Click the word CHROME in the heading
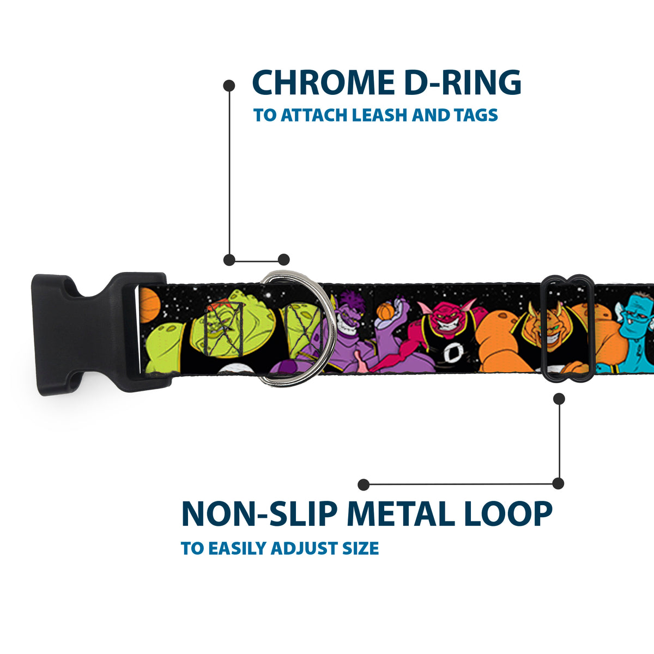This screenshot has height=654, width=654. [x=323, y=82]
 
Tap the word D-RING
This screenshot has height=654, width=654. [x=463, y=82]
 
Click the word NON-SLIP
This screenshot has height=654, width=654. [x=259, y=513]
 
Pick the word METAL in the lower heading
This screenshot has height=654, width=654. [x=401, y=513]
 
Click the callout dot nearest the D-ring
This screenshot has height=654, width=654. [x=283, y=259]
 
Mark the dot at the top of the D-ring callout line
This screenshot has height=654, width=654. [x=229, y=86]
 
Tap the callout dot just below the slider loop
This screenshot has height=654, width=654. [x=559, y=399]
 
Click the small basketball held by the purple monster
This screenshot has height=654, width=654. [x=386, y=311]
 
